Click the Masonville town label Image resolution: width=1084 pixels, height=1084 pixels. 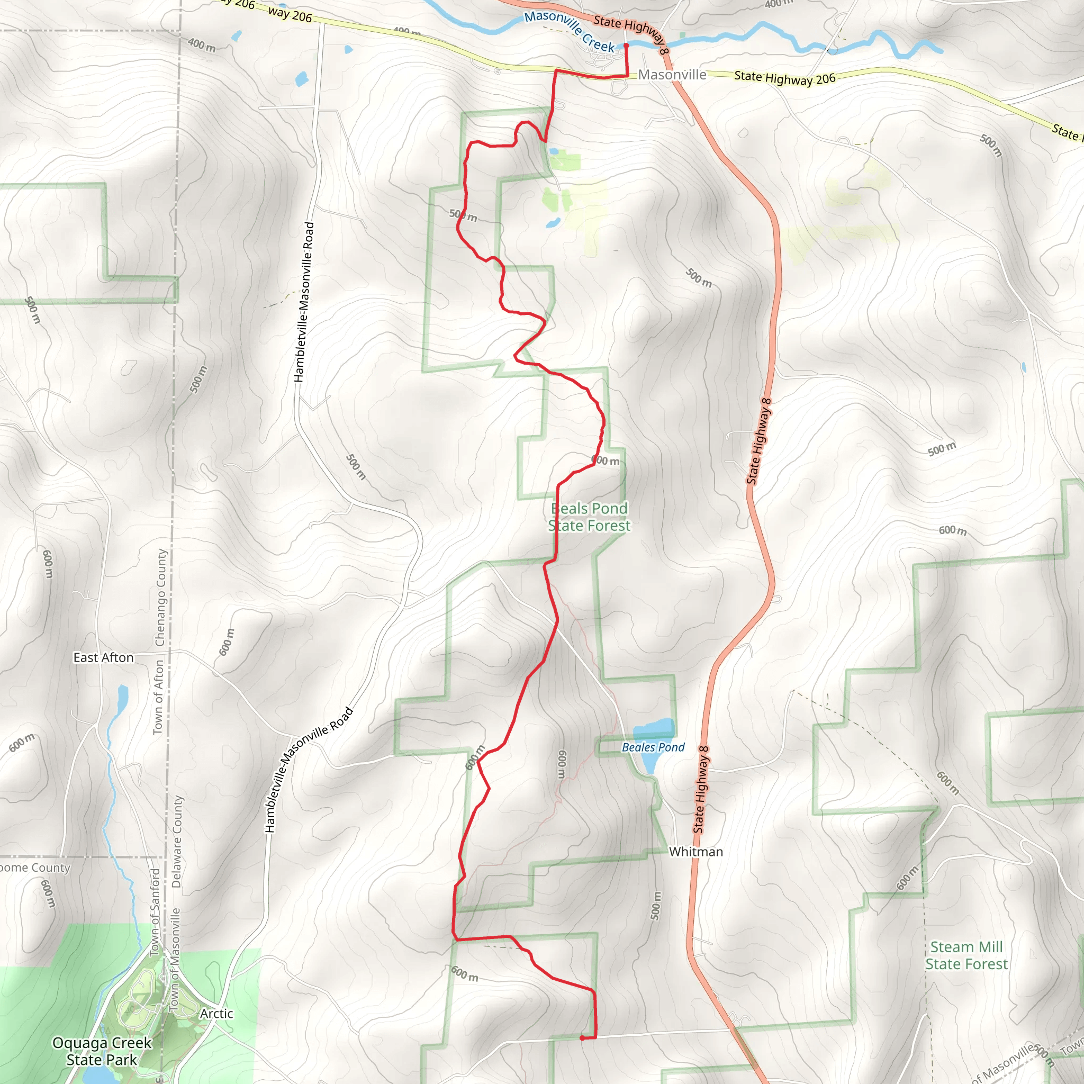tap(672, 75)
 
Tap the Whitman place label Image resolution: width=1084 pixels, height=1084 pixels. tap(695, 852)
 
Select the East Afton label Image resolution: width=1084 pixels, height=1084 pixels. tap(103, 657)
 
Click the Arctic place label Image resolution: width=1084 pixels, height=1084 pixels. tap(216, 1013)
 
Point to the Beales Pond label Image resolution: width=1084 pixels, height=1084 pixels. tap(653, 747)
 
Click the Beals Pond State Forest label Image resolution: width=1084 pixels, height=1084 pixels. tap(589, 517)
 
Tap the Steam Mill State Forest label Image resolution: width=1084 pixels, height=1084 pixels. tap(966, 955)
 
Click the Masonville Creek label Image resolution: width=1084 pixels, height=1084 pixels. tap(570, 31)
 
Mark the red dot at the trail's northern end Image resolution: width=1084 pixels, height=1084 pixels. tap(626, 46)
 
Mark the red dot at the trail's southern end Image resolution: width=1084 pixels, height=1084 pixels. tap(582, 1038)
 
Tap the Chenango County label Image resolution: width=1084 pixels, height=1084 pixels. tap(161, 597)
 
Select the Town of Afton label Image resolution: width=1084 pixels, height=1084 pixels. tap(158, 697)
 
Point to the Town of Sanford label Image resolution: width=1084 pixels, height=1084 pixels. tap(156, 912)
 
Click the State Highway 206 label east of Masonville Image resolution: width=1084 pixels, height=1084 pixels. tap(784, 78)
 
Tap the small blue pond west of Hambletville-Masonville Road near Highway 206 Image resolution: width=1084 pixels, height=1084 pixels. tap(301, 78)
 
